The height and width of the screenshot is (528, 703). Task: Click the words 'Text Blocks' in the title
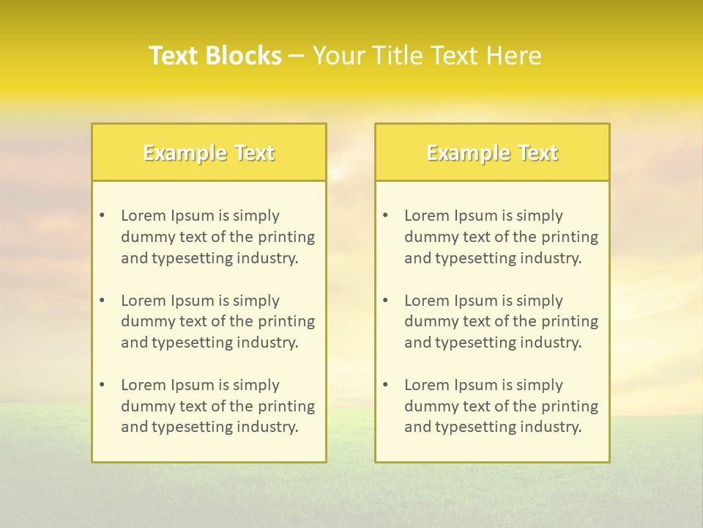[215, 56]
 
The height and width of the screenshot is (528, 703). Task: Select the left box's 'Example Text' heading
[209, 153]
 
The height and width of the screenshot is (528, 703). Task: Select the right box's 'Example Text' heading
[492, 153]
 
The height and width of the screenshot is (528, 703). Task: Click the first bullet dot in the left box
[102, 216]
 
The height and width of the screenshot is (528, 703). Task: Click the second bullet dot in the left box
[102, 301]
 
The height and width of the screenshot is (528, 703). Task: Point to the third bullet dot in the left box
[102, 385]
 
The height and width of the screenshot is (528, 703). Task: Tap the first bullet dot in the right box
[385, 216]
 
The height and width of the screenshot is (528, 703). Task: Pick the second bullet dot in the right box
[385, 301]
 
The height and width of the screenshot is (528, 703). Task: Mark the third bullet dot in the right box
[385, 385]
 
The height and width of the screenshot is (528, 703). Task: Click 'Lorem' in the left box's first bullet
[144, 216]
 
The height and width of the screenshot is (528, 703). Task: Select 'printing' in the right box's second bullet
[570, 321]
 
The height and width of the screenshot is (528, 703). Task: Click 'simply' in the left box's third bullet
[256, 385]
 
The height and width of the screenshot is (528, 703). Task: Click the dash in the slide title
[297, 56]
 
